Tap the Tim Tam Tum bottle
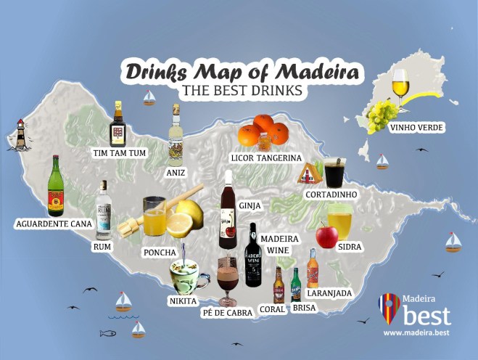pos(118,125)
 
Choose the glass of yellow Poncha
pos(154,216)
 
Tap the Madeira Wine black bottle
pos(252,255)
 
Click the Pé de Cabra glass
pos(228,279)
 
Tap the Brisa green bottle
pos(296,285)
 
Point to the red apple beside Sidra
pos(326,235)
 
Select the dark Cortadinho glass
pos(335,173)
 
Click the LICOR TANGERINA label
pos(265,157)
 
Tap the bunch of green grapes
pos(382,115)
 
